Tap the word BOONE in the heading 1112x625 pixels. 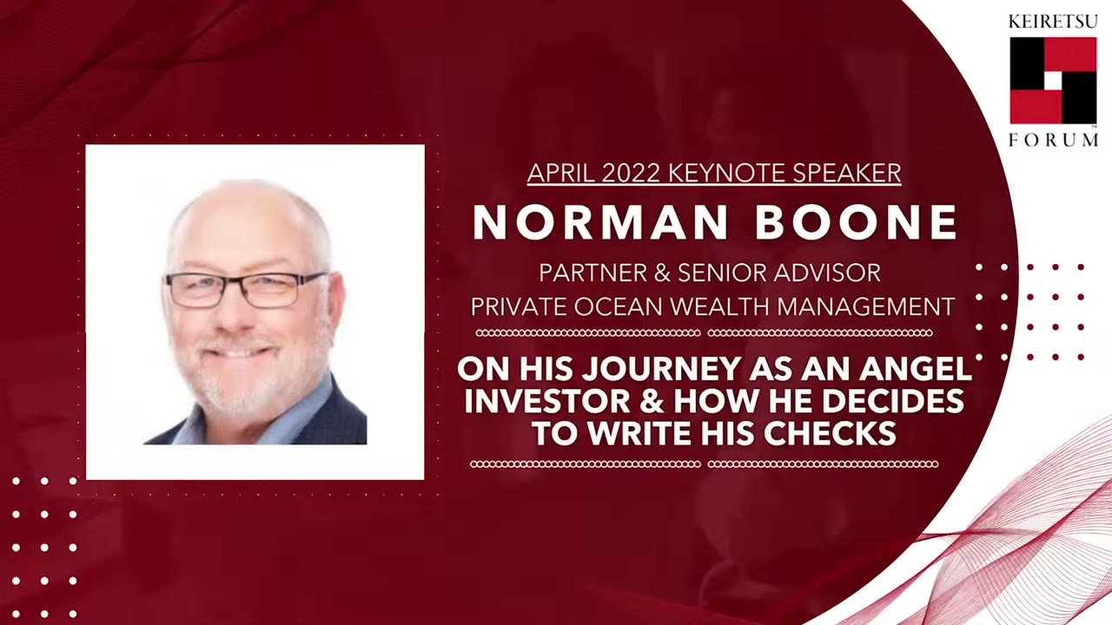point(857,223)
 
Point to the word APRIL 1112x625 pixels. point(558,174)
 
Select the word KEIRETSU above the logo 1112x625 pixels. point(1053,22)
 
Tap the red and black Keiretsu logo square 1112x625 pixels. point(1053,80)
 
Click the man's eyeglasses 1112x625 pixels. point(246,289)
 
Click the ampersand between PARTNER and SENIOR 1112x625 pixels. point(663,273)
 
